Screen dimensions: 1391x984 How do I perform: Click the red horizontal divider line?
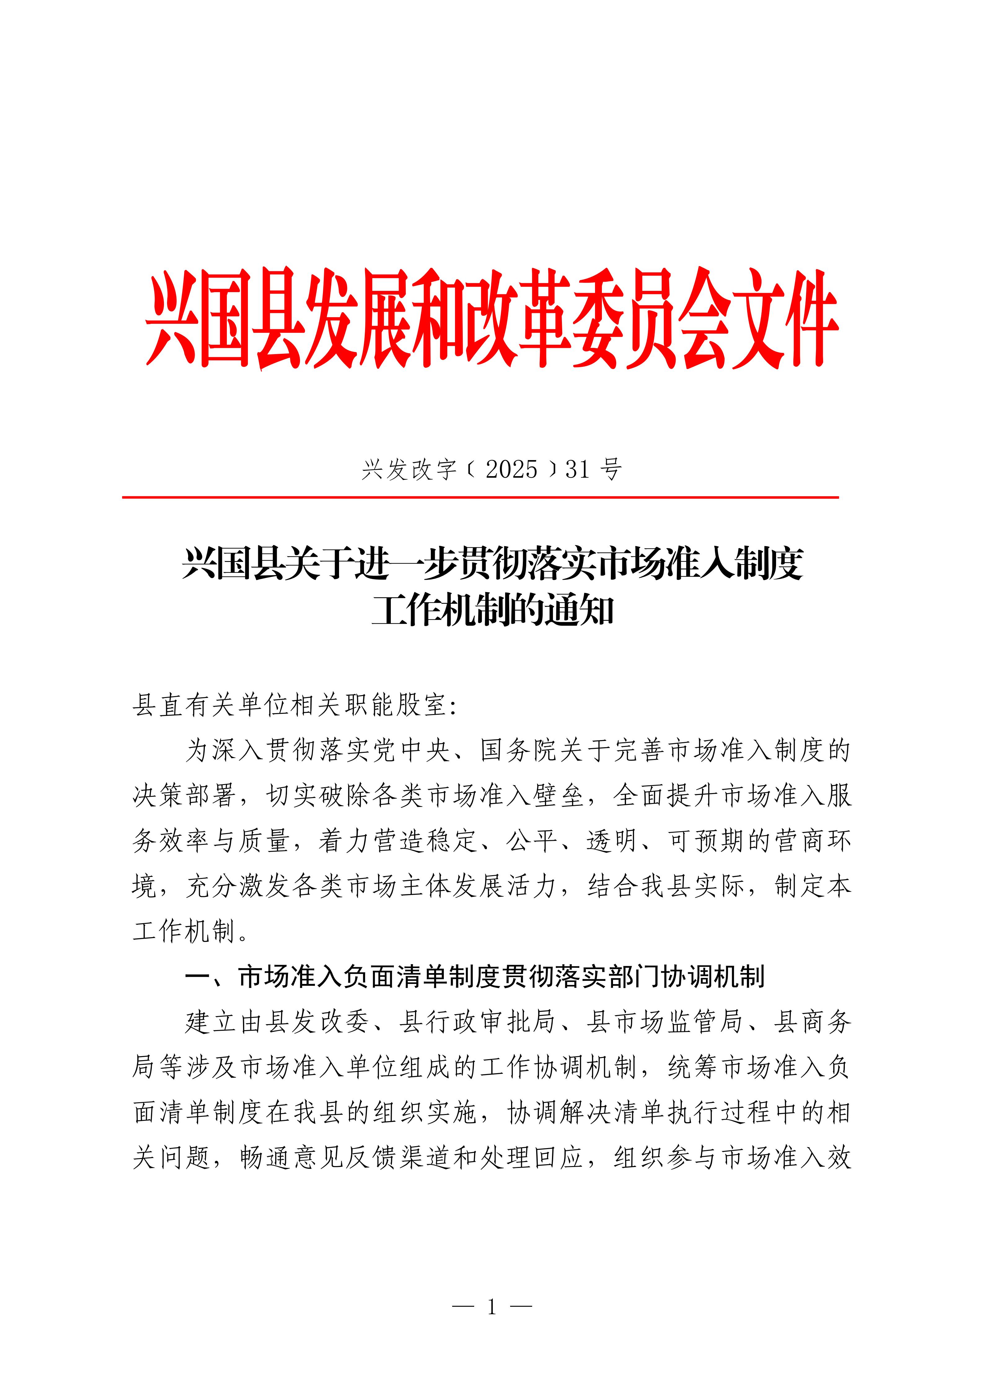click(480, 498)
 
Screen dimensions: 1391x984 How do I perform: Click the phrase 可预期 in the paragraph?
click(706, 841)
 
